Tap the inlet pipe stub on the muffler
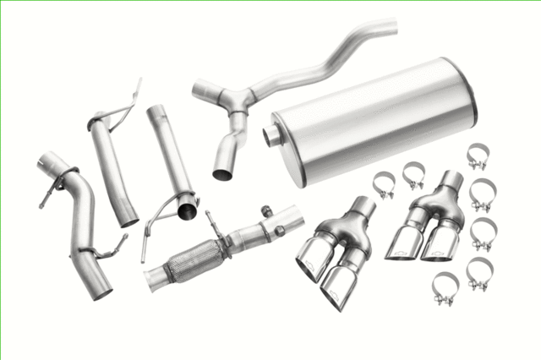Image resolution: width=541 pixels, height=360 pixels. pos(273,135)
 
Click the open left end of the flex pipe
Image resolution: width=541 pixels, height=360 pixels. pos(153,278)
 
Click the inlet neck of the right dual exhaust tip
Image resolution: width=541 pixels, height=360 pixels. pos(451,180)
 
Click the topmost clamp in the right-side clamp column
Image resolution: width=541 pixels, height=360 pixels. pos(478,156)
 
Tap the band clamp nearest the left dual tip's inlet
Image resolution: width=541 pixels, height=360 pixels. pos(385,185)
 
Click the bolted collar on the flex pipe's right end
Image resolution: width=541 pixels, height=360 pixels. pos(272,227)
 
